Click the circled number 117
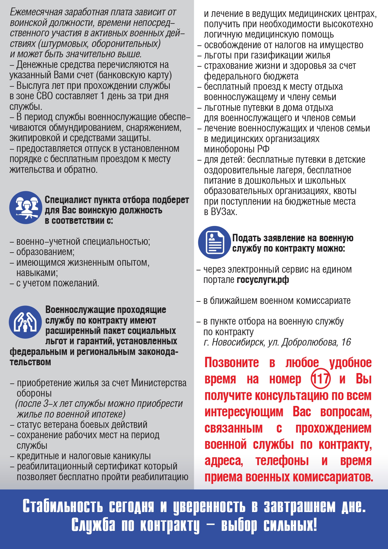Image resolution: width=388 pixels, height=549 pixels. (321, 379)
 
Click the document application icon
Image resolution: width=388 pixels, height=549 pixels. (214, 243)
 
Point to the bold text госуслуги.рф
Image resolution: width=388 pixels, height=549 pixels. (263, 280)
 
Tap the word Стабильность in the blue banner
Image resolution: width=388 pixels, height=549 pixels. (63, 506)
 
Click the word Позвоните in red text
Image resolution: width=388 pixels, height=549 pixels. (232, 363)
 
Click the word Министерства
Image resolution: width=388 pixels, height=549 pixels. (159, 383)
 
